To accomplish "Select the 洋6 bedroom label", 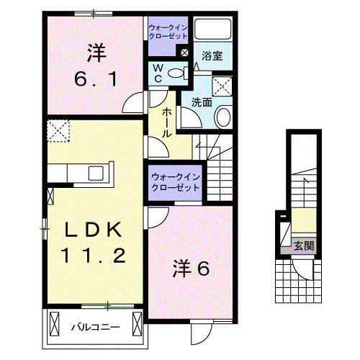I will [190, 269].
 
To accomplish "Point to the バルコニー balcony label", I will [95, 328].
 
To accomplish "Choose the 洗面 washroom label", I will [202, 102].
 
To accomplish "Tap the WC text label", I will [159, 73].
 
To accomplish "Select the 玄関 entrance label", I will [303, 246].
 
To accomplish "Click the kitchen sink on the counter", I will [95, 173].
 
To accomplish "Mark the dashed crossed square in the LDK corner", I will [57, 132].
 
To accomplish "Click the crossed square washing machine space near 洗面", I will [223, 85].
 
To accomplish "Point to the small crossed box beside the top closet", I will [184, 53].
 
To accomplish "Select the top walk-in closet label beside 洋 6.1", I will [168, 31].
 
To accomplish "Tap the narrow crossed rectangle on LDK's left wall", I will [50, 195].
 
